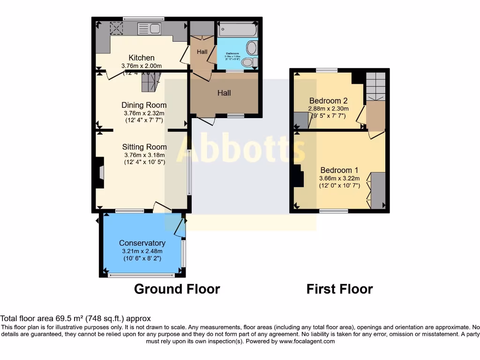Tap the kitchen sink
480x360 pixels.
149,29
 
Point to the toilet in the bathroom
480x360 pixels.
248,62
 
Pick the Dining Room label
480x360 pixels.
144,105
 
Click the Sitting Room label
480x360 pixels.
144,147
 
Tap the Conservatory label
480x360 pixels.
142,243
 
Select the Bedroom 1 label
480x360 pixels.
339,170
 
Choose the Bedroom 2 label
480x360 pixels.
328,101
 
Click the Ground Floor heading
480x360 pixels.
177,289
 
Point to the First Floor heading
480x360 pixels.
339,289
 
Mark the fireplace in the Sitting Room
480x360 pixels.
100,173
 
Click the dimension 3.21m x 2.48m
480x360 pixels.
142,251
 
